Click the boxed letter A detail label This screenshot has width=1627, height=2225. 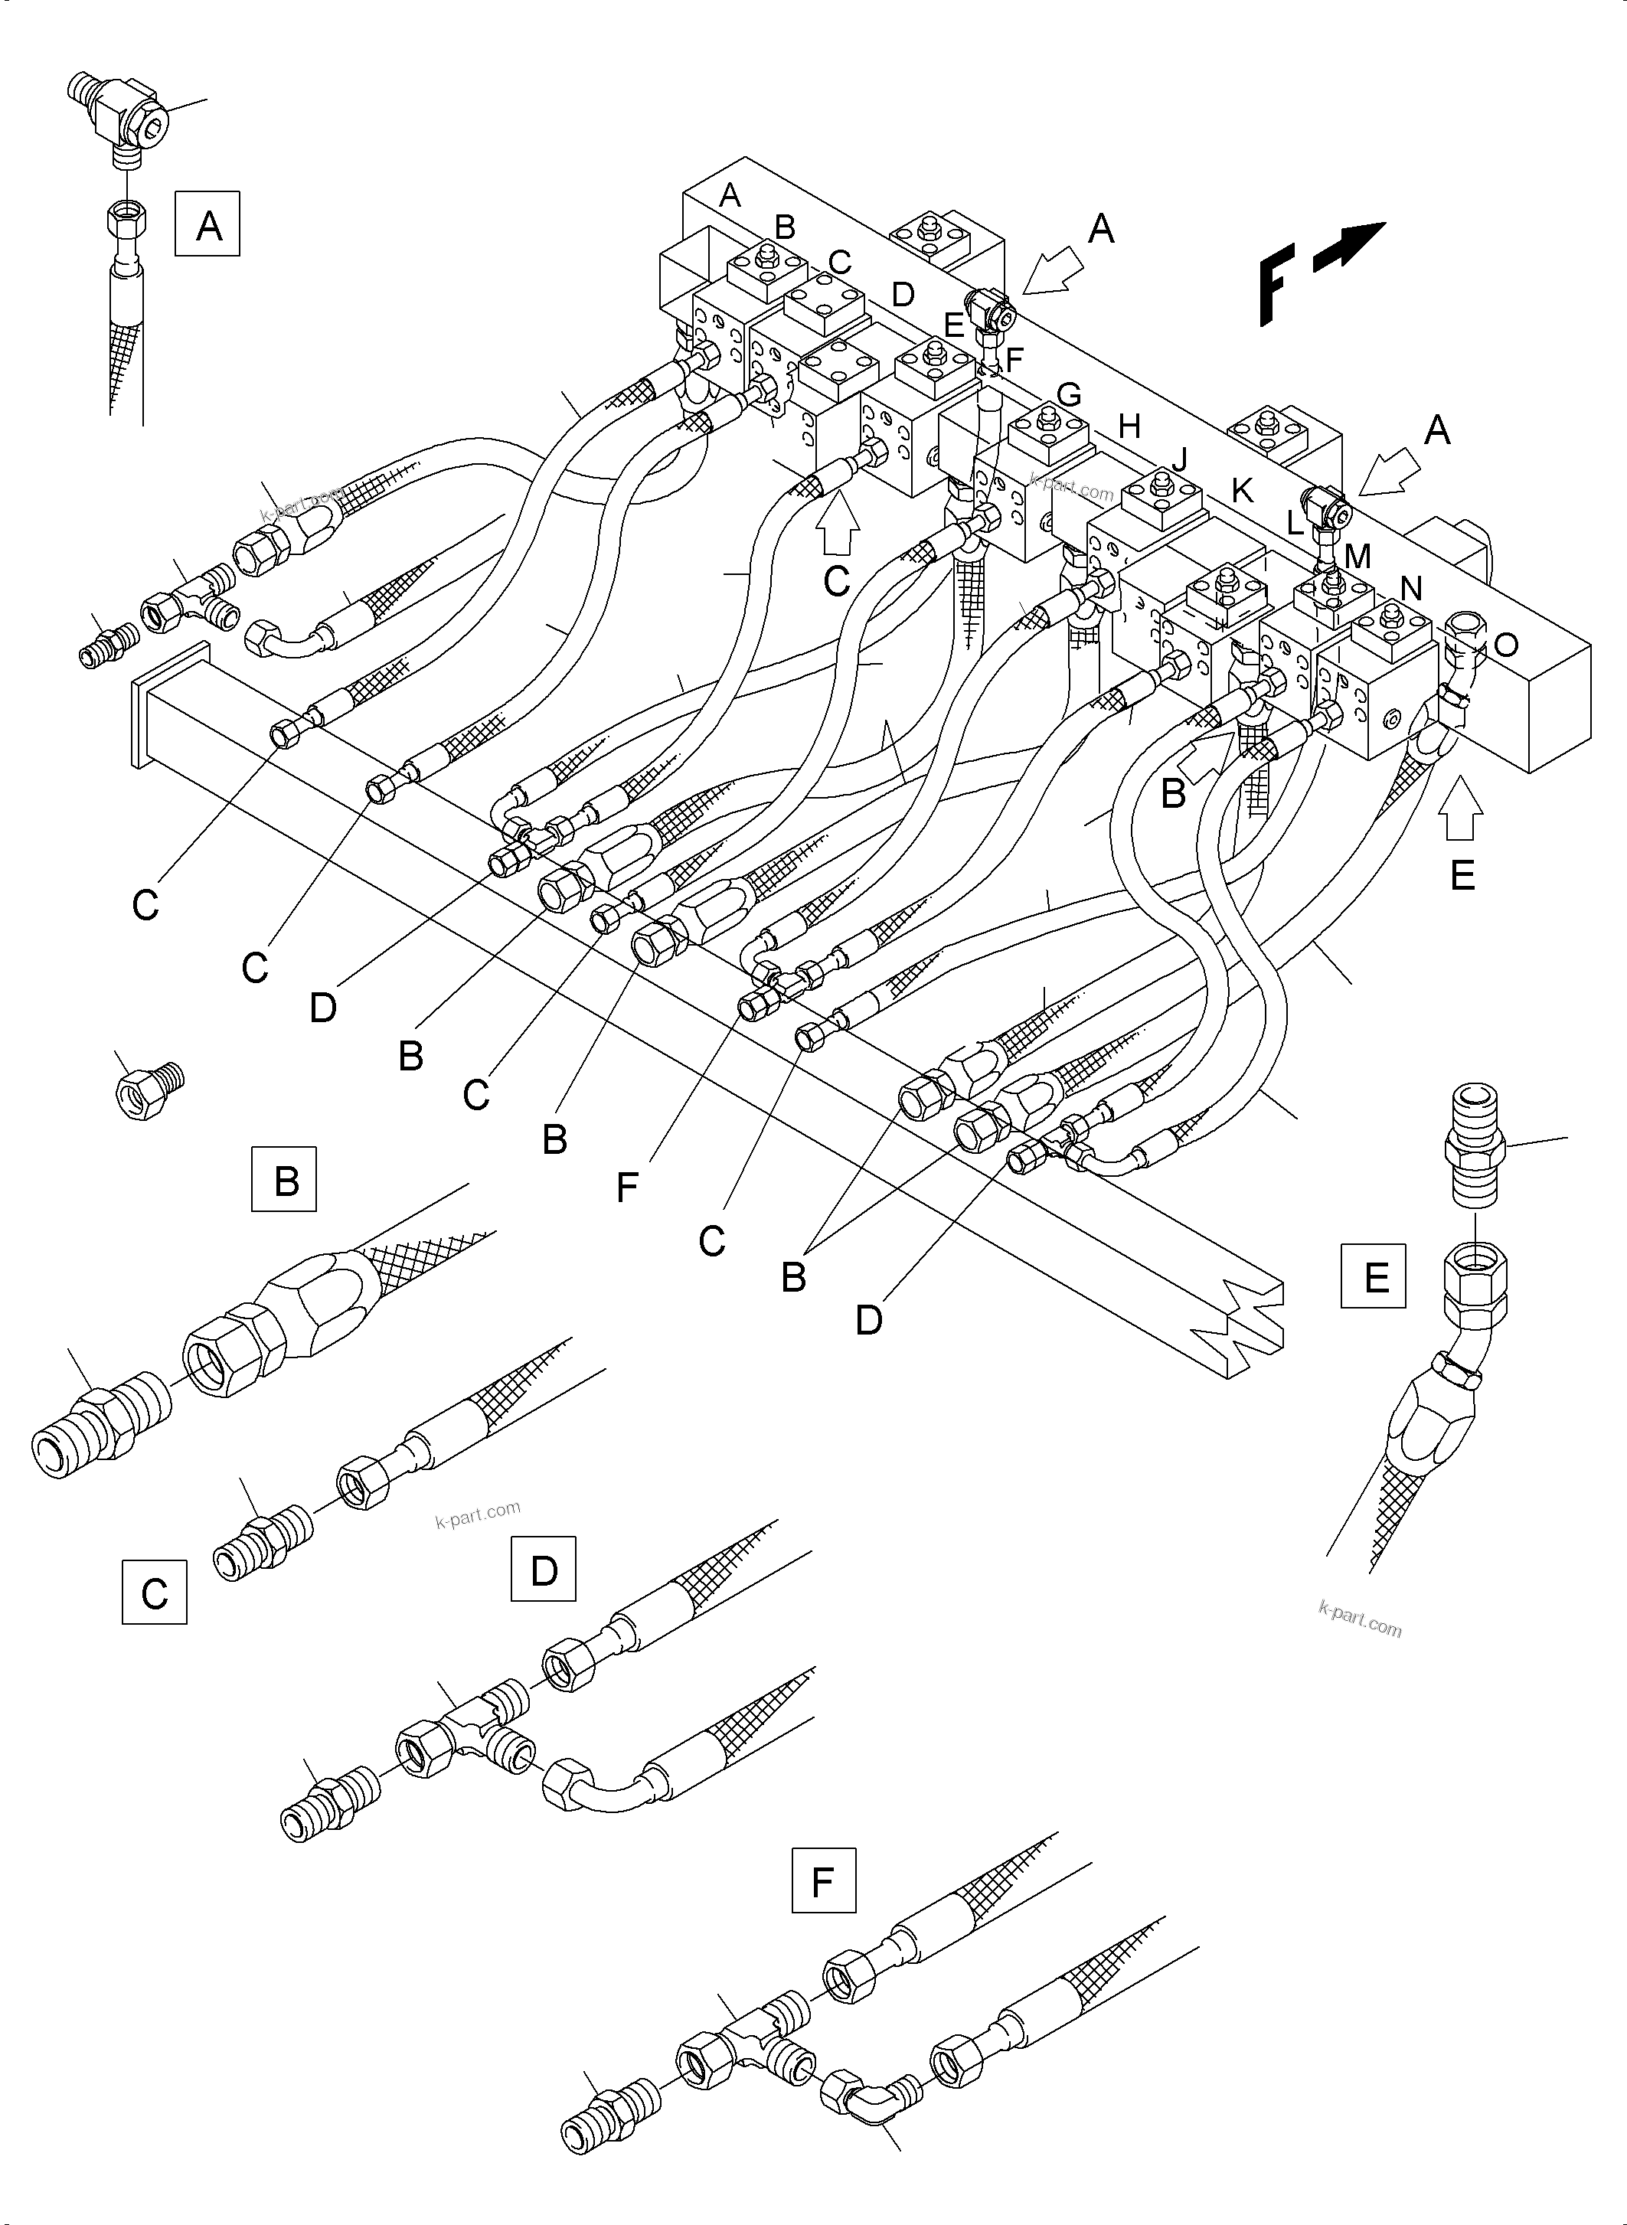[x=207, y=227]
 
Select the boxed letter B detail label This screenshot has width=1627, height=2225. [x=285, y=1179]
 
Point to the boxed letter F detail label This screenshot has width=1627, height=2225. [x=823, y=1881]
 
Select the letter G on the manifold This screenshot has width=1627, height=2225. [x=1069, y=395]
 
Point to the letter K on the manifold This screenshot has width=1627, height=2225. [x=1243, y=491]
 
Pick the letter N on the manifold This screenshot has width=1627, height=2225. [x=1411, y=588]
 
